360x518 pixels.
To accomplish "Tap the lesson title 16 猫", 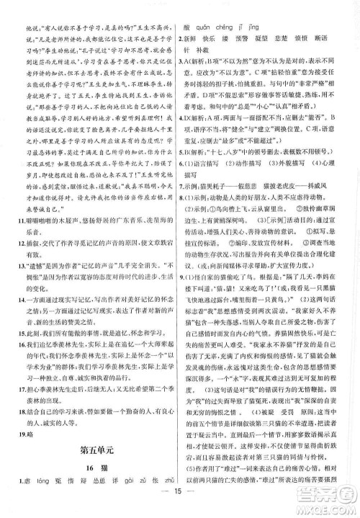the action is pos(92,471).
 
